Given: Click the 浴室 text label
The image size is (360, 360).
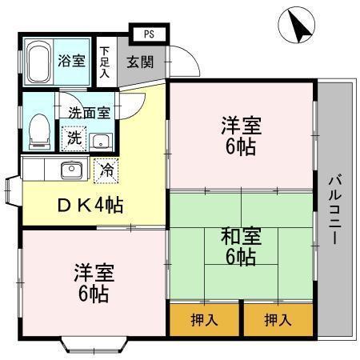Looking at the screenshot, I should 71,60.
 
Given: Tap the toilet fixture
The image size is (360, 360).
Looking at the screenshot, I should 37,130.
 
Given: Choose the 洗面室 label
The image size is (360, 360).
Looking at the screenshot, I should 88,113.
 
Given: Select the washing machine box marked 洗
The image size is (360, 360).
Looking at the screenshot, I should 74,138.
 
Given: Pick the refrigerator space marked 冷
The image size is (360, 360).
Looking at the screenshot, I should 106,169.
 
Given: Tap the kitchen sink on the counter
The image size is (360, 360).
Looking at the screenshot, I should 70,170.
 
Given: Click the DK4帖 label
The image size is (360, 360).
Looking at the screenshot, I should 90,205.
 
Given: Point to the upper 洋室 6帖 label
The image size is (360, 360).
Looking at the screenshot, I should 241,137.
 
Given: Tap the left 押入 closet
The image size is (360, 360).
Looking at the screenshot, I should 203,321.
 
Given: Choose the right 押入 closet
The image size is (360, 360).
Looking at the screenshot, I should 277,321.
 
